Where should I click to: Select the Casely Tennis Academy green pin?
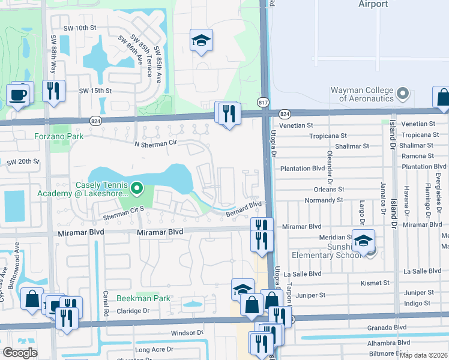pos(137,190)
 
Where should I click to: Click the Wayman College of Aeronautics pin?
pos(403,94)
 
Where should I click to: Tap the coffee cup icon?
pos(17,95)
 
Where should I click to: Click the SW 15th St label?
pos(96,91)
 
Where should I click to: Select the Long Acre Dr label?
pos(154,349)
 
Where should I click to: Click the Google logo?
pos(20,353)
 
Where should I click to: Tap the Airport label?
pos(373,4)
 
